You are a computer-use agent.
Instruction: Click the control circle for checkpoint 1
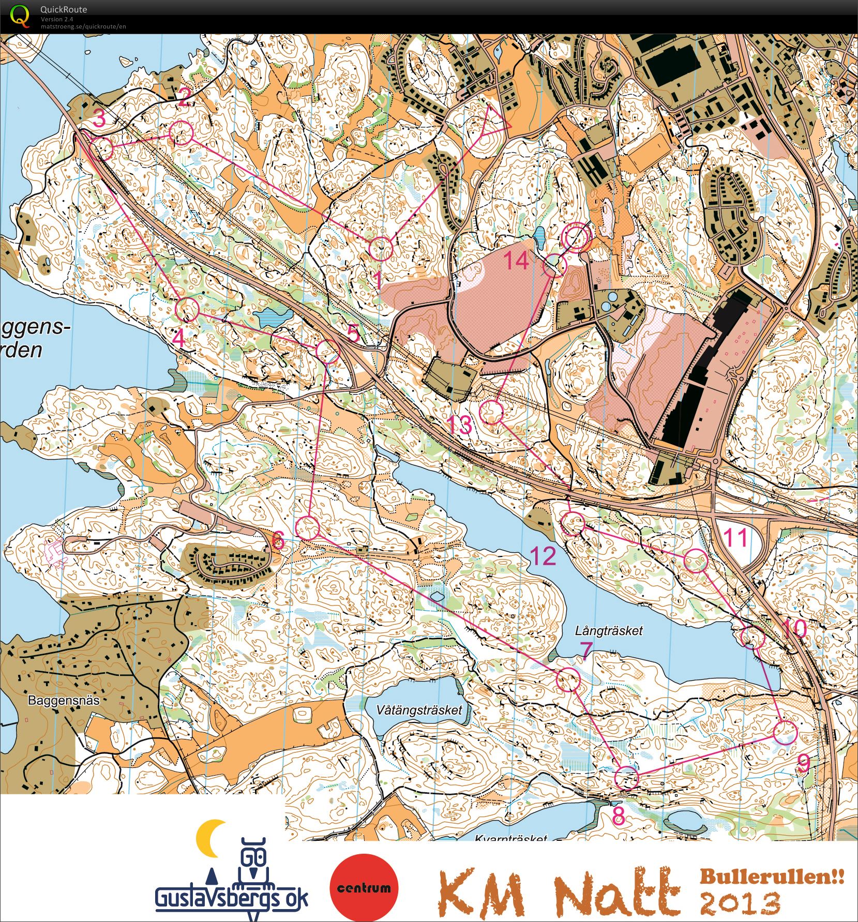[x=381, y=249]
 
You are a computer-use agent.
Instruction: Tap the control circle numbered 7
[x=568, y=679]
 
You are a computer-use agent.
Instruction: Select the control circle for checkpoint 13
[x=491, y=412]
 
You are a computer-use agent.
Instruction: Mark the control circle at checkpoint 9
[x=786, y=732]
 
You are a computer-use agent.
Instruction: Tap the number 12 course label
[x=543, y=556]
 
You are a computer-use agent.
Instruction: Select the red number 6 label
[x=278, y=540]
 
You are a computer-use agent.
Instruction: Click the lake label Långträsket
[x=609, y=630]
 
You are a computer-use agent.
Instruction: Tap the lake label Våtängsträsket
[x=419, y=709]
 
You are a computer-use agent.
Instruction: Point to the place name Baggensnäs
[x=64, y=701]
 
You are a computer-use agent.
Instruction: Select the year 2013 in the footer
[x=740, y=902]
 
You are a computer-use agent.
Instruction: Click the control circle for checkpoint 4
[x=187, y=309]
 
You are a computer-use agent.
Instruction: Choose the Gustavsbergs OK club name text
[x=231, y=898]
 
